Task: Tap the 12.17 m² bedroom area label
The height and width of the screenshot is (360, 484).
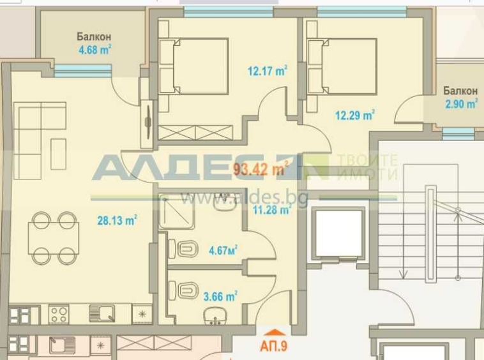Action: tap(267, 71)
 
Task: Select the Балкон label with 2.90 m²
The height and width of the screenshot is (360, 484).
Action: tap(460, 96)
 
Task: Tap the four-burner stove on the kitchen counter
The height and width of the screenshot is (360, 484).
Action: tap(59, 314)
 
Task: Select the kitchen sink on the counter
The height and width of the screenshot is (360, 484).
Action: tap(102, 313)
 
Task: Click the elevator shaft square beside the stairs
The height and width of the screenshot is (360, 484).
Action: tap(340, 233)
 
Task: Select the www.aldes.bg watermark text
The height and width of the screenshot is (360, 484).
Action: tap(244, 199)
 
